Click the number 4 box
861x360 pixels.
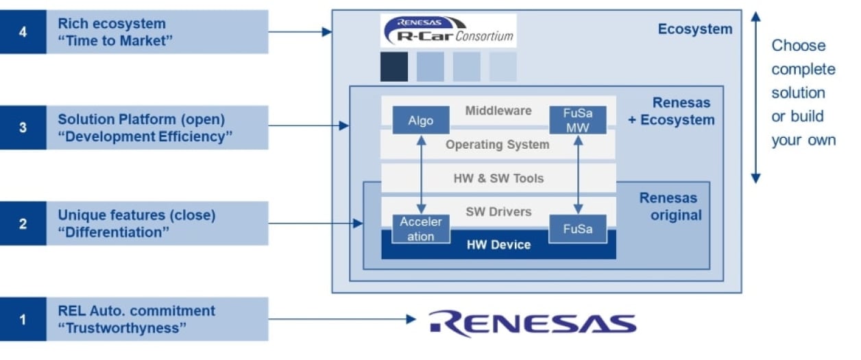pos(23,32)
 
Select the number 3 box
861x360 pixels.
pos(23,128)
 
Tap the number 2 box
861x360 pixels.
pos(23,224)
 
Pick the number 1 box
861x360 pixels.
pos(23,319)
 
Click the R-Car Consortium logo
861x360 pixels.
pos(448,31)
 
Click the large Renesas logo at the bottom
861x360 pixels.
pos(533,323)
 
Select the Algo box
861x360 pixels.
pos(421,121)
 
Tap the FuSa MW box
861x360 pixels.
pos(578,121)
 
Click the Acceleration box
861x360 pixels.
pos(421,229)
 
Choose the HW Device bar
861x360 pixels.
pos(498,245)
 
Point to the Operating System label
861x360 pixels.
pos(497,145)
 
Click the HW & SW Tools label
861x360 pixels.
pos(498,178)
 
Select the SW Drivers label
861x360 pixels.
pos(498,211)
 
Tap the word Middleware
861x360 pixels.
pos(498,110)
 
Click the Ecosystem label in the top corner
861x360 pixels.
pos(694,29)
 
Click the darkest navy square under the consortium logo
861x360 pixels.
pos(394,67)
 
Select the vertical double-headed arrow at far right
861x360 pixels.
pos(755,97)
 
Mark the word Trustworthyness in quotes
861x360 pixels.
pos(126,328)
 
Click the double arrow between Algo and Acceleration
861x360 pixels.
pos(421,174)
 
